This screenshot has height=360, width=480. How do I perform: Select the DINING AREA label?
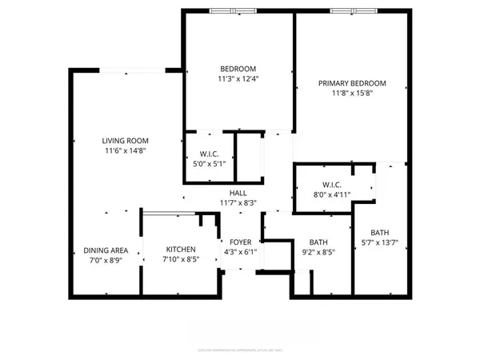click(106, 250)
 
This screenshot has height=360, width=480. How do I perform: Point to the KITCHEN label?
click(180, 250)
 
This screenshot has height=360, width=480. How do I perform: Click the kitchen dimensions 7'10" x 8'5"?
click(180, 259)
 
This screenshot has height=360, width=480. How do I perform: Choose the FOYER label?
click(241, 242)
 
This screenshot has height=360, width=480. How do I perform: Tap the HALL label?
click(238, 193)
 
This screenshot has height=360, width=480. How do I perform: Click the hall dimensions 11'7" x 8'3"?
click(238, 203)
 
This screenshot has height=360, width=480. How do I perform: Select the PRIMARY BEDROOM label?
click(352, 83)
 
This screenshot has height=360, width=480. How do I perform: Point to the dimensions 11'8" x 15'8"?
click(352, 94)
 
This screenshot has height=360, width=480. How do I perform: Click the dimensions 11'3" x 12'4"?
click(238, 78)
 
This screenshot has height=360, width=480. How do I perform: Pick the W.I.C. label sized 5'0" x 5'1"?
click(210, 154)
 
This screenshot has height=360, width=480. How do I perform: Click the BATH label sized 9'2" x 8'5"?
click(318, 242)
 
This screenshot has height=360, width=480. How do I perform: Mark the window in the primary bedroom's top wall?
click(352, 11)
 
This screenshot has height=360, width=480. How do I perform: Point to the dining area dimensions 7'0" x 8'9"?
click(106, 260)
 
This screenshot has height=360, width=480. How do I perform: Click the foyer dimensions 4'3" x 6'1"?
click(241, 251)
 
